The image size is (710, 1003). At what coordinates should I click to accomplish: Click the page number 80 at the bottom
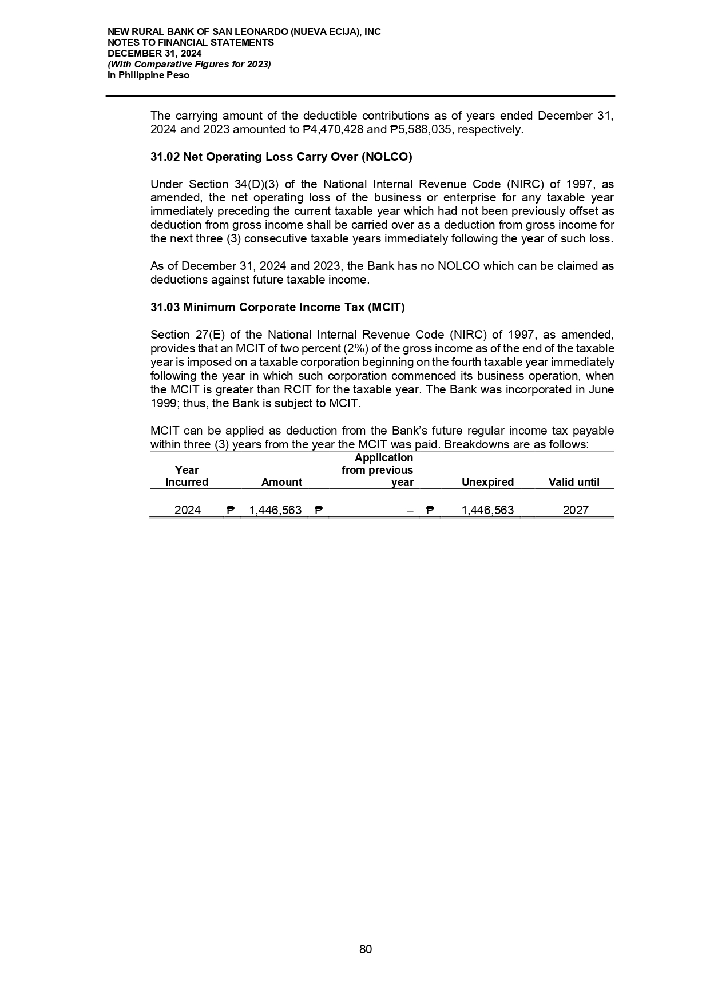[366, 949]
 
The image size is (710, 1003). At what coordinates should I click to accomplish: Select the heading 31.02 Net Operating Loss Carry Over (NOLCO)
[281, 157]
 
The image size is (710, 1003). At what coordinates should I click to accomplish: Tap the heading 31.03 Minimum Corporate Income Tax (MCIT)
[277, 307]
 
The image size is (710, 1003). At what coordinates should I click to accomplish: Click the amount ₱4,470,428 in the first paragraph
[332, 129]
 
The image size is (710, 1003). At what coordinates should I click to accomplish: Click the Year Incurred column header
[187, 476]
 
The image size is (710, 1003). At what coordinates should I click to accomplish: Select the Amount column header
[281, 482]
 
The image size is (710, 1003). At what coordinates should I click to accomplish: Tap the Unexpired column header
[487, 482]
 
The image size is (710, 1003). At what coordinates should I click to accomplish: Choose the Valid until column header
[574, 482]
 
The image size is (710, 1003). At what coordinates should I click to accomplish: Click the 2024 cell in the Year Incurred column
[187, 510]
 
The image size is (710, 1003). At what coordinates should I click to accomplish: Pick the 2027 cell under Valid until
[575, 510]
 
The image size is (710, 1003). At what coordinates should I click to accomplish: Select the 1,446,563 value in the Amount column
[275, 510]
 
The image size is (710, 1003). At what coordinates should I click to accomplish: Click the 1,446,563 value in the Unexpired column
[487, 510]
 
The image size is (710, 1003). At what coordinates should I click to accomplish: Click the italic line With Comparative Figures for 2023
[189, 64]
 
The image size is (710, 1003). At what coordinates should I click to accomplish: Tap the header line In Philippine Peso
[148, 75]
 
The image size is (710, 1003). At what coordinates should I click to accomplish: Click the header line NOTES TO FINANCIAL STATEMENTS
[191, 42]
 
